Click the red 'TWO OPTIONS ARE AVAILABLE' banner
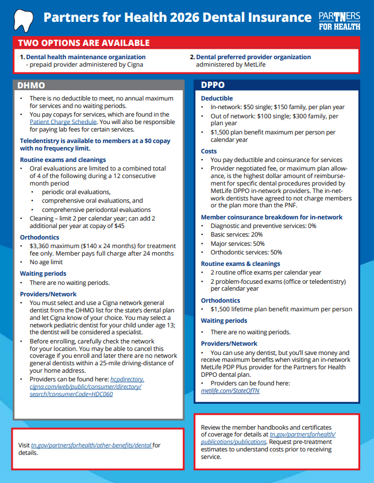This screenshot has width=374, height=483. (x=84, y=43)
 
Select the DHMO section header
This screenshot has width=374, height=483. (x=32, y=86)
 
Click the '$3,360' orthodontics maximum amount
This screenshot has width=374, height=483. (x=43, y=246)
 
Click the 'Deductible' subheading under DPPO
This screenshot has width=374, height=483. (x=217, y=99)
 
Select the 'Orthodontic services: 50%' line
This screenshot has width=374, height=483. (x=246, y=252)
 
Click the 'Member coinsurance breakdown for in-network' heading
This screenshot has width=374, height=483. (x=272, y=217)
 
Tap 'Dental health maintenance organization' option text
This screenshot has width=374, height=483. (x=86, y=57)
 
